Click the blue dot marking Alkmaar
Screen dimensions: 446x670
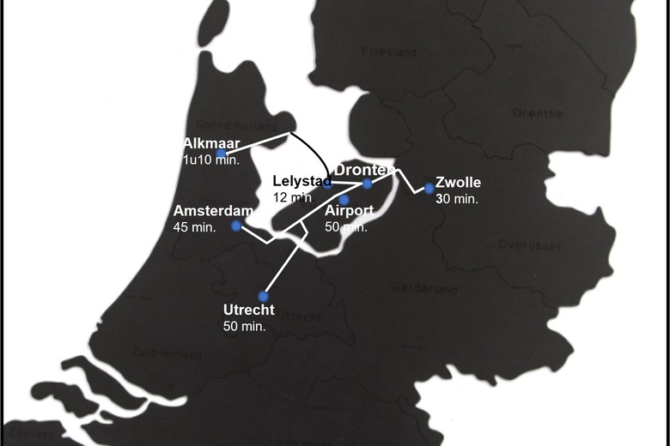[x=222, y=154]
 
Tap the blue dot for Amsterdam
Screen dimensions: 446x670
[x=236, y=226]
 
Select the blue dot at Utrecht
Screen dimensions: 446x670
[x=264, y=297]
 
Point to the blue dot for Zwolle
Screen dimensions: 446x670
[x=429, y=189]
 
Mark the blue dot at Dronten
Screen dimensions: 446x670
[x=368, y=184]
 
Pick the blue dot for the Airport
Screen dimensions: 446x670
[x=344, y=200]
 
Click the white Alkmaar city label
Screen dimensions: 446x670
[x=211, y=143]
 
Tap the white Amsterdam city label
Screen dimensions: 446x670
[x=212, y=211]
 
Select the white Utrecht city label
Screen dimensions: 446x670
[x=248, y=310]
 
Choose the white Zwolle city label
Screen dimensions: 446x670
[x=458, y=183]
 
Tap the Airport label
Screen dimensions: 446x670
[x=349, y=212]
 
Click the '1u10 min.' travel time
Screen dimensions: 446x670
[x=210, y=160]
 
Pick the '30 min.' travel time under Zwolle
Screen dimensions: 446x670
[x=456, y=198]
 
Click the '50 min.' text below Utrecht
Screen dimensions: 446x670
[x=244, y=326]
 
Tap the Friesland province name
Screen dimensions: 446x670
[x=388, y=53]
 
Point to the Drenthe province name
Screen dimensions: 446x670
[x=537, y=113]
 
